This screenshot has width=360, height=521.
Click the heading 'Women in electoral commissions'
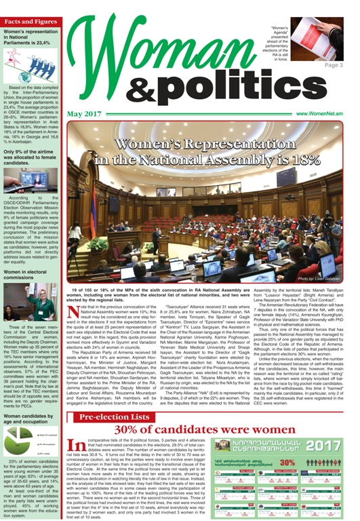pyautogui.click(x=31, y=257)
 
